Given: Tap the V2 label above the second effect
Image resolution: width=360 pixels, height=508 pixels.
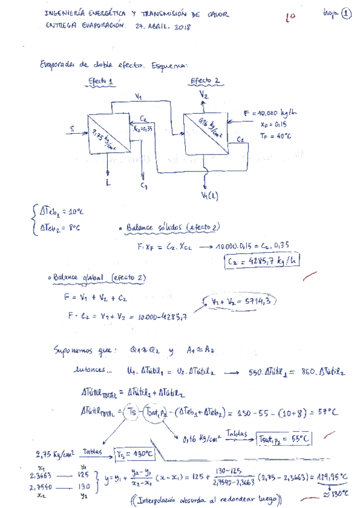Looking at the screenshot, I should pyautogui.click(x=204, y=95).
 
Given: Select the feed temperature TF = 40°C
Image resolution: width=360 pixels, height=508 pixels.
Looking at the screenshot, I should pyautogui.click(x=276, y=136).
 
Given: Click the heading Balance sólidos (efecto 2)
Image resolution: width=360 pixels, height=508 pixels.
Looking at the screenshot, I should pyautogui.click(x=171, y=228).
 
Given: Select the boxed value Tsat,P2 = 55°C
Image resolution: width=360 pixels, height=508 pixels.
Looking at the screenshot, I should pyautogui.click(x=283, y=439).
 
